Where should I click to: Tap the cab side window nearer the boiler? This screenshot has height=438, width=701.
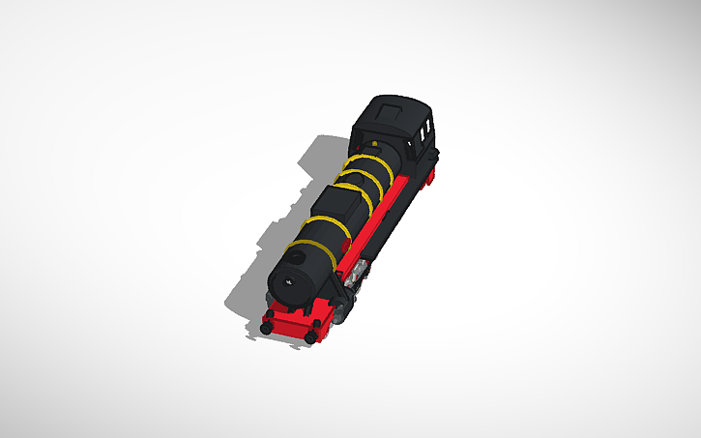pos(419,129)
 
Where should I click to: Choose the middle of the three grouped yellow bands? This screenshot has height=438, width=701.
pos(365,179)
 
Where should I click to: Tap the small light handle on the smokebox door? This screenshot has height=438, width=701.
pos(290,280)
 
